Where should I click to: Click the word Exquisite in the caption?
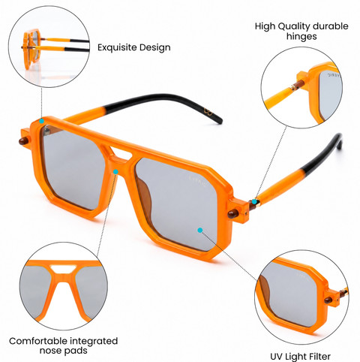(x=117, y=47)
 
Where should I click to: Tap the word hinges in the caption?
(x=301, y=37)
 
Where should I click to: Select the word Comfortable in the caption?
(x=37, y=341)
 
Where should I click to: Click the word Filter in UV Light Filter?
(x=319, y=356)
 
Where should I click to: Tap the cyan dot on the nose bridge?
(x=115, y=172)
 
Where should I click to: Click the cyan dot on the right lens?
(x=199, y=230)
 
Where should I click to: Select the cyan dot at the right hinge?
(x=254, y=201)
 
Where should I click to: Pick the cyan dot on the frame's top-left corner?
(x=41, y=121)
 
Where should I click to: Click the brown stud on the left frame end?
(x=24, y=141)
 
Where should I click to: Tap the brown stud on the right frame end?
(x=232, y=214)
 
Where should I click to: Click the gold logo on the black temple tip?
(x=208, y=111)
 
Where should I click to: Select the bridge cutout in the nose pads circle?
(x=63, y=270)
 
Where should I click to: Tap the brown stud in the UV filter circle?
(x=328, y=300)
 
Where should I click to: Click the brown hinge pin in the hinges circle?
(x=298, y=85)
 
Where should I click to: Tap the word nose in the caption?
(x=50, y=351)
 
